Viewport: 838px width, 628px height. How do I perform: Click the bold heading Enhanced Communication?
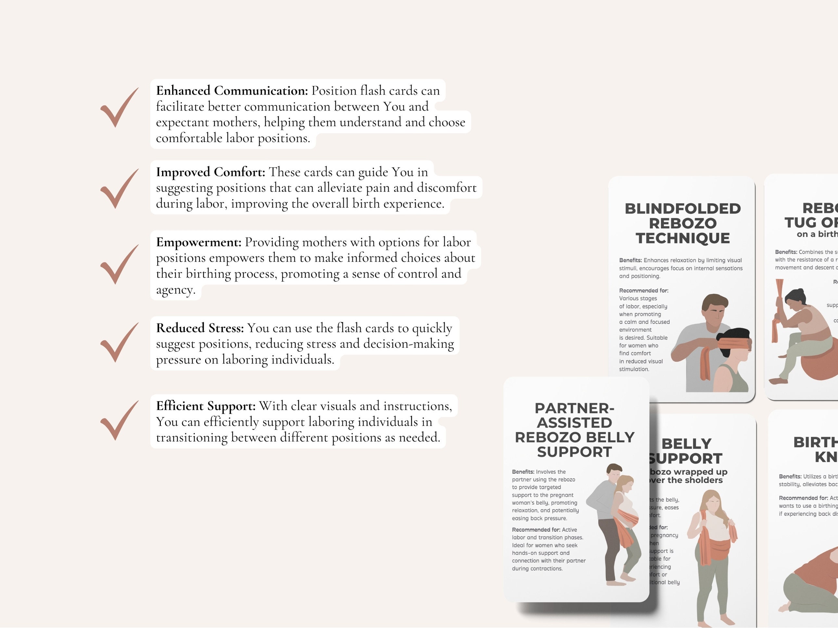(232, 91)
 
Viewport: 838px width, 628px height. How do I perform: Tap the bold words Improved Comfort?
(210, 172)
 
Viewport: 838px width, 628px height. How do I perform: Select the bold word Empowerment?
(198, 242)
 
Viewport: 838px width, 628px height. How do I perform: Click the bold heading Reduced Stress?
(200, 328)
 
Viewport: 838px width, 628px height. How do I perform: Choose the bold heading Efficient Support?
(206, 406)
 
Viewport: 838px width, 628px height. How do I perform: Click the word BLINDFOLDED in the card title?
(683, 209)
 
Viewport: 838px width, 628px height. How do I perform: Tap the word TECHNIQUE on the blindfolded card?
(683, 239)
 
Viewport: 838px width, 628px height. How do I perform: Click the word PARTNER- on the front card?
(574, 409)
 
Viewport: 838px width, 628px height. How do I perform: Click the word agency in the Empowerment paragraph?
(175, 290)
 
